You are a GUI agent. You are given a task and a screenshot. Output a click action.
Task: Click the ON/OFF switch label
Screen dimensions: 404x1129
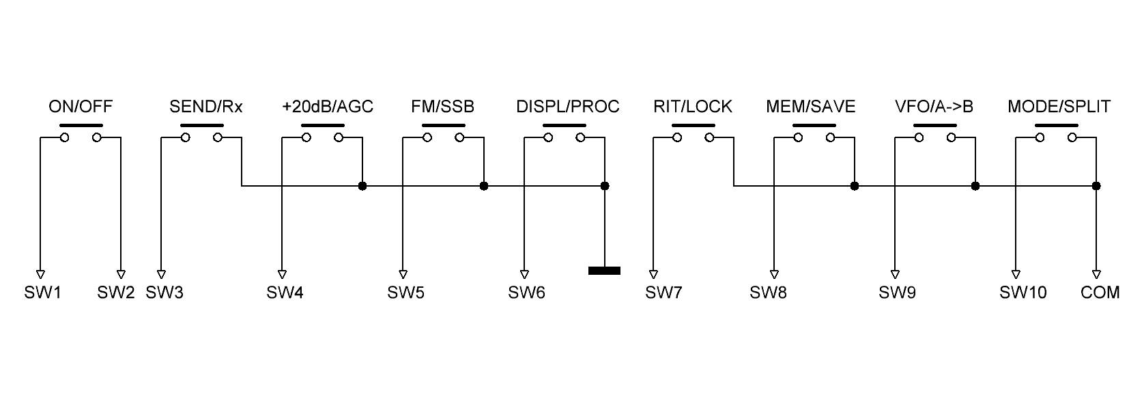pyautogui.click(x=81, y=107)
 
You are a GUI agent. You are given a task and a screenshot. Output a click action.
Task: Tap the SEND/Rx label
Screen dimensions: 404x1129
pyautogui.click(x=205, y=107)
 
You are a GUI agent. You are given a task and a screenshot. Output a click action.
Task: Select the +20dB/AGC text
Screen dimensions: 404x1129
pyautogui.click(x=328, y=107)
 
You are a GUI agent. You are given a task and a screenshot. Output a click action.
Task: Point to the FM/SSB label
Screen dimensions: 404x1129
pyautogui.click(x=442, y=107)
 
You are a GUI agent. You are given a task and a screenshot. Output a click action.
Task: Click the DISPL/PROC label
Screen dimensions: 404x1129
pyautogui.click(x=568, y=107)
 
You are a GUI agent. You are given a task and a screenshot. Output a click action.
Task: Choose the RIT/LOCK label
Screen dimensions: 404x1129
pyautogui.click(x=693, y=107)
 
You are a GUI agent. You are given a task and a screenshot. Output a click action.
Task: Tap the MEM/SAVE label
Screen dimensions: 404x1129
pyautogui.click(x=810, y=107)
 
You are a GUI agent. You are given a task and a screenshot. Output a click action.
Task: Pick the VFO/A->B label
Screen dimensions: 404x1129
pyautogui.click(x=934, y=107)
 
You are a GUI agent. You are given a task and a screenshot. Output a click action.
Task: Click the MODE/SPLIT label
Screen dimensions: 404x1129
pyautogui.click(x=1059, y=107)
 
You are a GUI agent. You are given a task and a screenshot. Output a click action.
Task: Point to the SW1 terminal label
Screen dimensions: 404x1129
pyautogui.click(x=43, y=293)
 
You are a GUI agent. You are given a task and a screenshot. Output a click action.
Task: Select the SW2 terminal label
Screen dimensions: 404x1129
pyautogui.click(x=116, y=293)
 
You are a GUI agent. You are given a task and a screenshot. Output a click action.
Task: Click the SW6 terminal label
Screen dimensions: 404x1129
pyautogui.click(x=526, y=293)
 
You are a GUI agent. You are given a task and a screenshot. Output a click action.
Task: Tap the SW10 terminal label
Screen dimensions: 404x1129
pyautogui.click(x=1023, y=293)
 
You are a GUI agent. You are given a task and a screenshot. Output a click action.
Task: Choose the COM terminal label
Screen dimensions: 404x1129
pyautogui.click(x=1100, y=293)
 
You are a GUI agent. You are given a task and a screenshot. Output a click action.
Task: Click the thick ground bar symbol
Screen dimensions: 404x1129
pyautogui.click(x=604, y=271)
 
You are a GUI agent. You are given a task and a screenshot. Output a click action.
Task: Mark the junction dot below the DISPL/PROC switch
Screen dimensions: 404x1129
pyautogui.click(x=604, y=186)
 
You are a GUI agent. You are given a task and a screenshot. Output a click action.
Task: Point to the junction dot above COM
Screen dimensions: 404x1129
pyautogui.click(x=1096, y=186)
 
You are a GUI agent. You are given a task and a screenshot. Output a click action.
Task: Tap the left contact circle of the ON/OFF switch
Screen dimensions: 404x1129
pyautogui.click(x=65, y=138)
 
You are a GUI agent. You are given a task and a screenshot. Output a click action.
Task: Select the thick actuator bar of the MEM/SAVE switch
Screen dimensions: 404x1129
pyautogui.click(x=814, y=126)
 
